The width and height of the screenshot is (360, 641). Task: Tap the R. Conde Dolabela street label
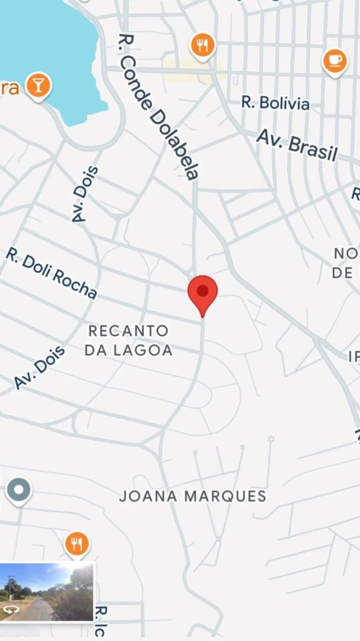[159, 107]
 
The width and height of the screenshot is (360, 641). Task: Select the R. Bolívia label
[275, 103]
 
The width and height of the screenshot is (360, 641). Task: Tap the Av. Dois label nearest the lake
[85, 194]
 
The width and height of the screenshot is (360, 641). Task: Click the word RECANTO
[128, 331]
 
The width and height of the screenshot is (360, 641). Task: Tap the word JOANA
[148, 496]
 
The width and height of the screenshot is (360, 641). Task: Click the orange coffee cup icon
[335, 61]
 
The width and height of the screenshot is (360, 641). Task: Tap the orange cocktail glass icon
[38, 85]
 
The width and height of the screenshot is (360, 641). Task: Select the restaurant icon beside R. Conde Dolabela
[202, 46]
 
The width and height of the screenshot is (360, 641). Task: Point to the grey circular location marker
[19, 490]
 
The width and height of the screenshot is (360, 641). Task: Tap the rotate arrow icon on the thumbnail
[9, 610]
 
